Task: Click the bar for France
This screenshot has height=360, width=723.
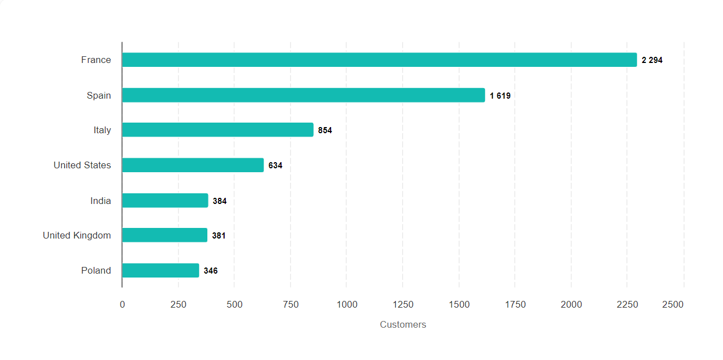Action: tap(379, 60)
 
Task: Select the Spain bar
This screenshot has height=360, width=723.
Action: tap(303, 95)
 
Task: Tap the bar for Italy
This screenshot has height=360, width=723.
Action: tap(217, 130)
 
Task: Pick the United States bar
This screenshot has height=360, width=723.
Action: tap(192, 165)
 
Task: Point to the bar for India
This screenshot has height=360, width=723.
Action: tap(165, 201)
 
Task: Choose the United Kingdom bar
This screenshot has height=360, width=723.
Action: tap(164, 235)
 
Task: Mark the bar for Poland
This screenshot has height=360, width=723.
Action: tap(161, 270)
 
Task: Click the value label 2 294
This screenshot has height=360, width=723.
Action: tap(652, 60)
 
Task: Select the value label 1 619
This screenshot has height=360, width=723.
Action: tap(500, 96)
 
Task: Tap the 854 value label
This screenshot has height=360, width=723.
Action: tap(325, 130)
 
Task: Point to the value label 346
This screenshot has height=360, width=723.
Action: tap(211, 271)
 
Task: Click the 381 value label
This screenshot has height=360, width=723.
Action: tap(219, 236)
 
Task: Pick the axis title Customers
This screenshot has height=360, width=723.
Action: tap(402, 324)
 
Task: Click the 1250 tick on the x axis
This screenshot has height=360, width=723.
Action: tap(402, 304)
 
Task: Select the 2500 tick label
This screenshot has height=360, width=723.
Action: tap(672, 304)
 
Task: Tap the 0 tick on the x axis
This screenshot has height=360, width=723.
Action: tap(122, 304)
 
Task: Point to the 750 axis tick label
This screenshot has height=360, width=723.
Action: tap(290, 304)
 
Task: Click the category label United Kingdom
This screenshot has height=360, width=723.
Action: tap(77, 235)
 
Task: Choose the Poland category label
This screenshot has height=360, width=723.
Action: tap(96, 270)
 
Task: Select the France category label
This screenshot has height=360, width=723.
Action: tap(96, 60)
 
